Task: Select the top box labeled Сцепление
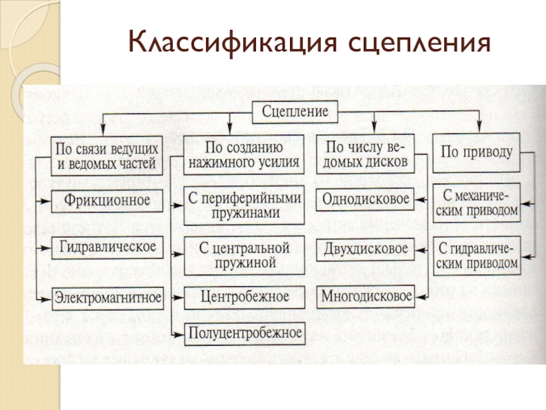point(296,111)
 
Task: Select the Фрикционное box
point(108,202)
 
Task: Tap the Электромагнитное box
point(108,297)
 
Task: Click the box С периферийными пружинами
point(244,205)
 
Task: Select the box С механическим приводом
point(476,203)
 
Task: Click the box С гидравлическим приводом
point(476,254)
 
